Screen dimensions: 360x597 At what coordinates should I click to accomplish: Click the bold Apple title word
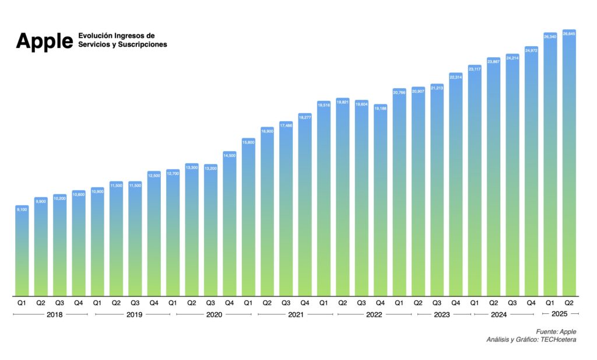(x=44, y=41)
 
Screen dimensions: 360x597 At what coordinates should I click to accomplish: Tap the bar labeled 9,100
(x=22, y=251)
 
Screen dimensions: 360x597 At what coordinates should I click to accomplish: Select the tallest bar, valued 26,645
(x=569, y=163)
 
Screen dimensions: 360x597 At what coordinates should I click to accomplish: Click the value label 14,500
(x=229, y=155)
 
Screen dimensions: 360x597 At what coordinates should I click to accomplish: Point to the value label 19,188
(x=380, y=108)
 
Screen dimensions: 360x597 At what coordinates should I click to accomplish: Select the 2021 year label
(x=296, y=314)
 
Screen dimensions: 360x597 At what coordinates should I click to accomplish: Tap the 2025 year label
(x=559, y=314)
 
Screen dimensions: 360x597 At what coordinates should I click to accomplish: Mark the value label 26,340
(x=550, y=36)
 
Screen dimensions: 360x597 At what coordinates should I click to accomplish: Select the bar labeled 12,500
(x=154, y=233)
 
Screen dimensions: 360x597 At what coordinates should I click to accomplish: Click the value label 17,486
(x=286, y=125)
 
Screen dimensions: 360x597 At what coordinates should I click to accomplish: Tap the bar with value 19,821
(x=343, y=198)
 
